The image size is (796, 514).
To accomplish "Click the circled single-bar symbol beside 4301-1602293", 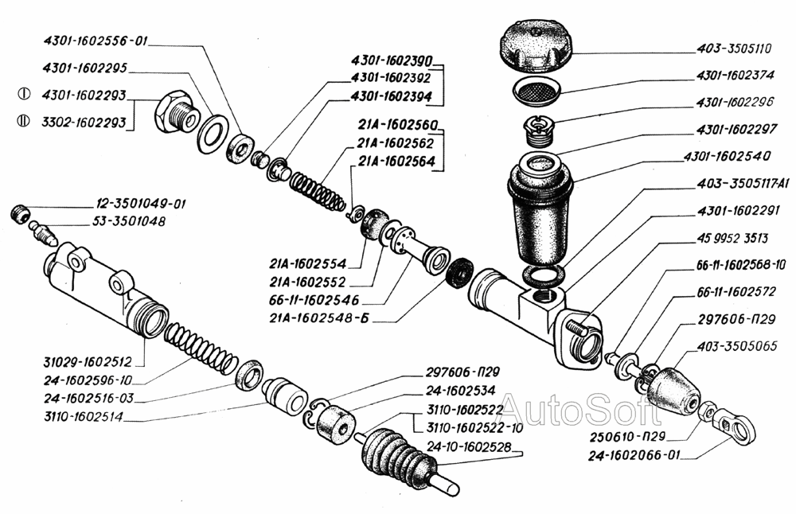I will click(x=24, y=94).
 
